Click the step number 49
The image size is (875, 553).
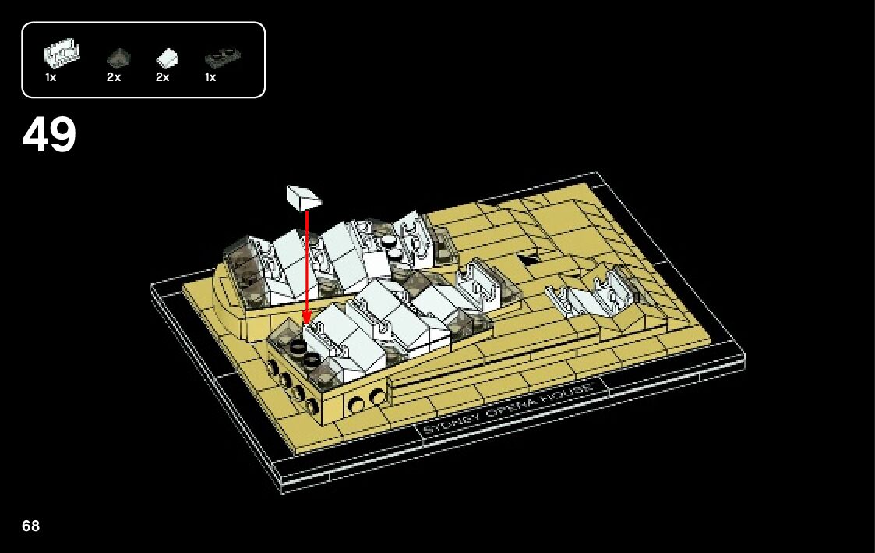[x=49, y=135]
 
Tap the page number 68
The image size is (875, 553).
[x=30, y=526]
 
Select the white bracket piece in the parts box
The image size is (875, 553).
[x=62, y=55]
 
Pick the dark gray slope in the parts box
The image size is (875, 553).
[x=118, y=56]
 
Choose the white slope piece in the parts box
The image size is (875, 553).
[x=167, y=57]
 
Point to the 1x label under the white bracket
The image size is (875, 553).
[x=51, y=78]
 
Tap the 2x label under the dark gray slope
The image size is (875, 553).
[x=114, y=78]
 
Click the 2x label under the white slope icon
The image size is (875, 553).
[x=162, y=78]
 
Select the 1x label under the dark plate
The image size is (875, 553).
[x=210, y=78]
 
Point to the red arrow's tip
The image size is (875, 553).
[x=307, y=321]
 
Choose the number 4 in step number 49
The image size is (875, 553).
[x=36, y=135]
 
